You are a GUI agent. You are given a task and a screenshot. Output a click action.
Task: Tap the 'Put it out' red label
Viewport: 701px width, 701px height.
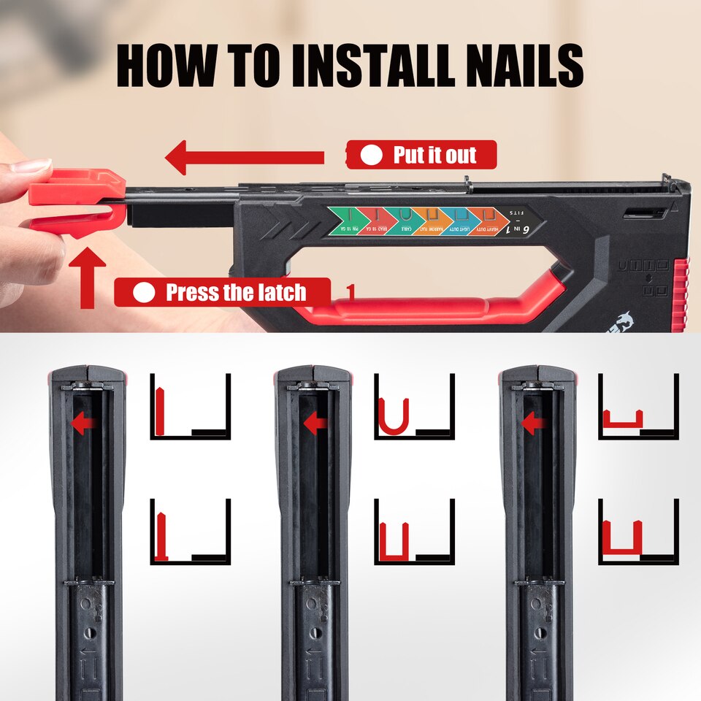pos(421,155)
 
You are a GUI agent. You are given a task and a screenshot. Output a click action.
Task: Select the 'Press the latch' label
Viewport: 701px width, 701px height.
pos(223,292)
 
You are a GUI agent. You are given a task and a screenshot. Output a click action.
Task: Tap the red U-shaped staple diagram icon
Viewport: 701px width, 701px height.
pos(393,416)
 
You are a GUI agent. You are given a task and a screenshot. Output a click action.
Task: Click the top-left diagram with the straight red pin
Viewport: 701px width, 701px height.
pos(190,407)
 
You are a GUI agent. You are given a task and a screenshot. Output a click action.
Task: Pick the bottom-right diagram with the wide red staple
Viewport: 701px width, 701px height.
pos(637,531)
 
